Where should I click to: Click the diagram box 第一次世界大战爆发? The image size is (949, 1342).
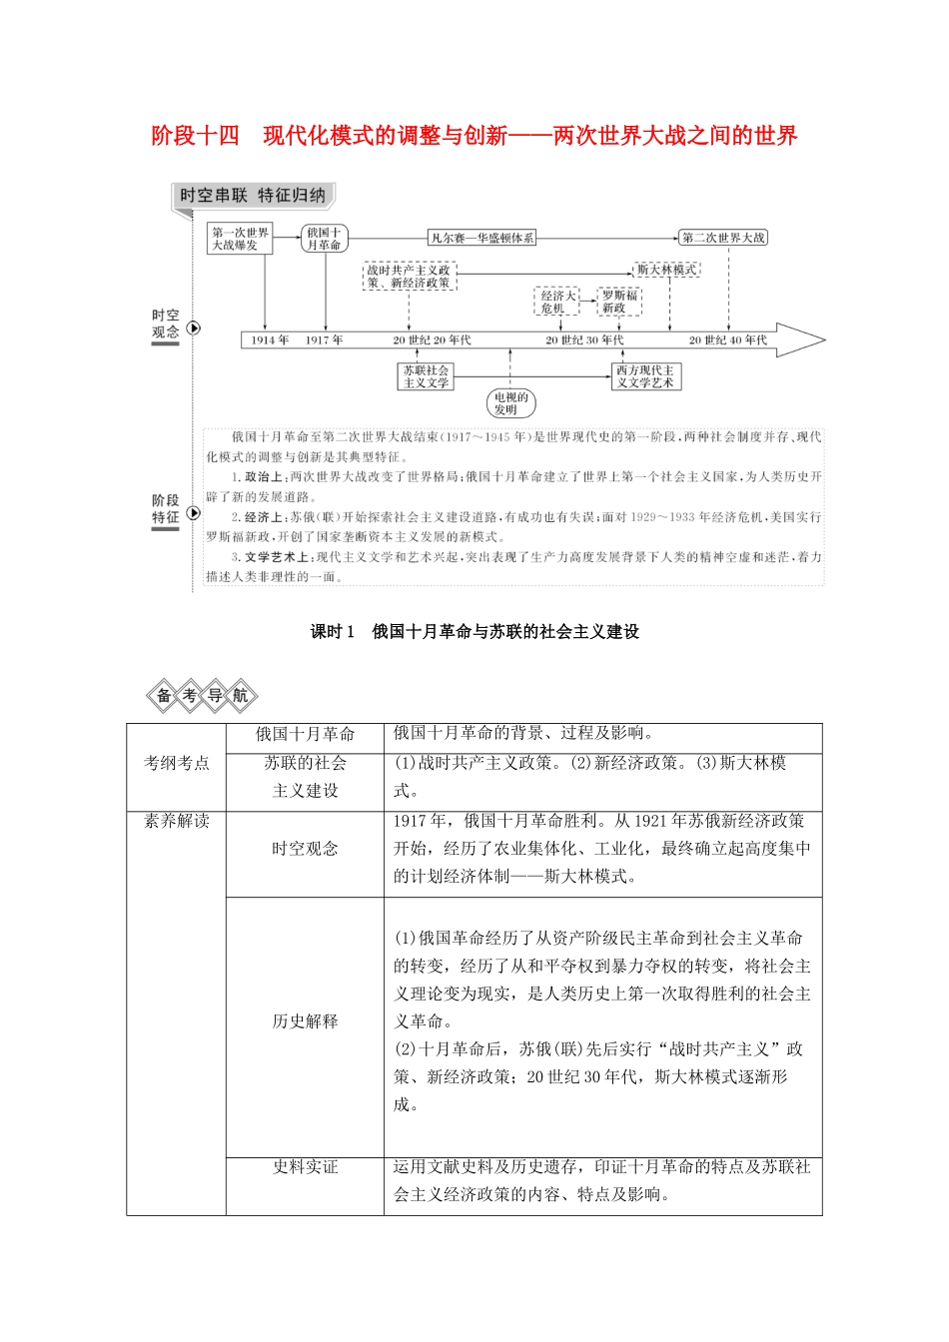pos(240,239)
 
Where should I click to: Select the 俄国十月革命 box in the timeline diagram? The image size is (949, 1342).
pos(324,239)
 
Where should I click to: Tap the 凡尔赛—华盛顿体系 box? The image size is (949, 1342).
pos(481,238)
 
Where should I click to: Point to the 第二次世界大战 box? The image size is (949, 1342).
pos(723,238)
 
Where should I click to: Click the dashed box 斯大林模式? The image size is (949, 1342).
pos(666,270)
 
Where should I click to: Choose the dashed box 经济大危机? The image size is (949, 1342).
pos(558,302)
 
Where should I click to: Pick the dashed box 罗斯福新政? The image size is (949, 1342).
pos(619,302)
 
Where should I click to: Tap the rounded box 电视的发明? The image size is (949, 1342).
pos(511,403)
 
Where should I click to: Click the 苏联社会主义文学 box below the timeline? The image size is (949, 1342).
pos(426,376)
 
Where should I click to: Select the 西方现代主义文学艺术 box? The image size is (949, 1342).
pos(645,376)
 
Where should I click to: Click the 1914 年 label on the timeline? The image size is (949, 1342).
pos(270,340)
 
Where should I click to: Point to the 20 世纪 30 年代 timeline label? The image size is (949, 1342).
pos(584,340)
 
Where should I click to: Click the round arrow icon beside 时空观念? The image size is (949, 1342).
pos(194,328)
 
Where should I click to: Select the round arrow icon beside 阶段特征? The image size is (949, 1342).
pos(194,513)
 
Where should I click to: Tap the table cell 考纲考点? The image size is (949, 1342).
pos(177,764)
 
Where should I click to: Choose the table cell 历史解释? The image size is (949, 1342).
pos(305,1021)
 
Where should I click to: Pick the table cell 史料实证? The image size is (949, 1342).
pos(305,1167)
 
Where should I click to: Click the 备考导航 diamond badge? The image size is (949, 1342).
pos(202,696)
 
